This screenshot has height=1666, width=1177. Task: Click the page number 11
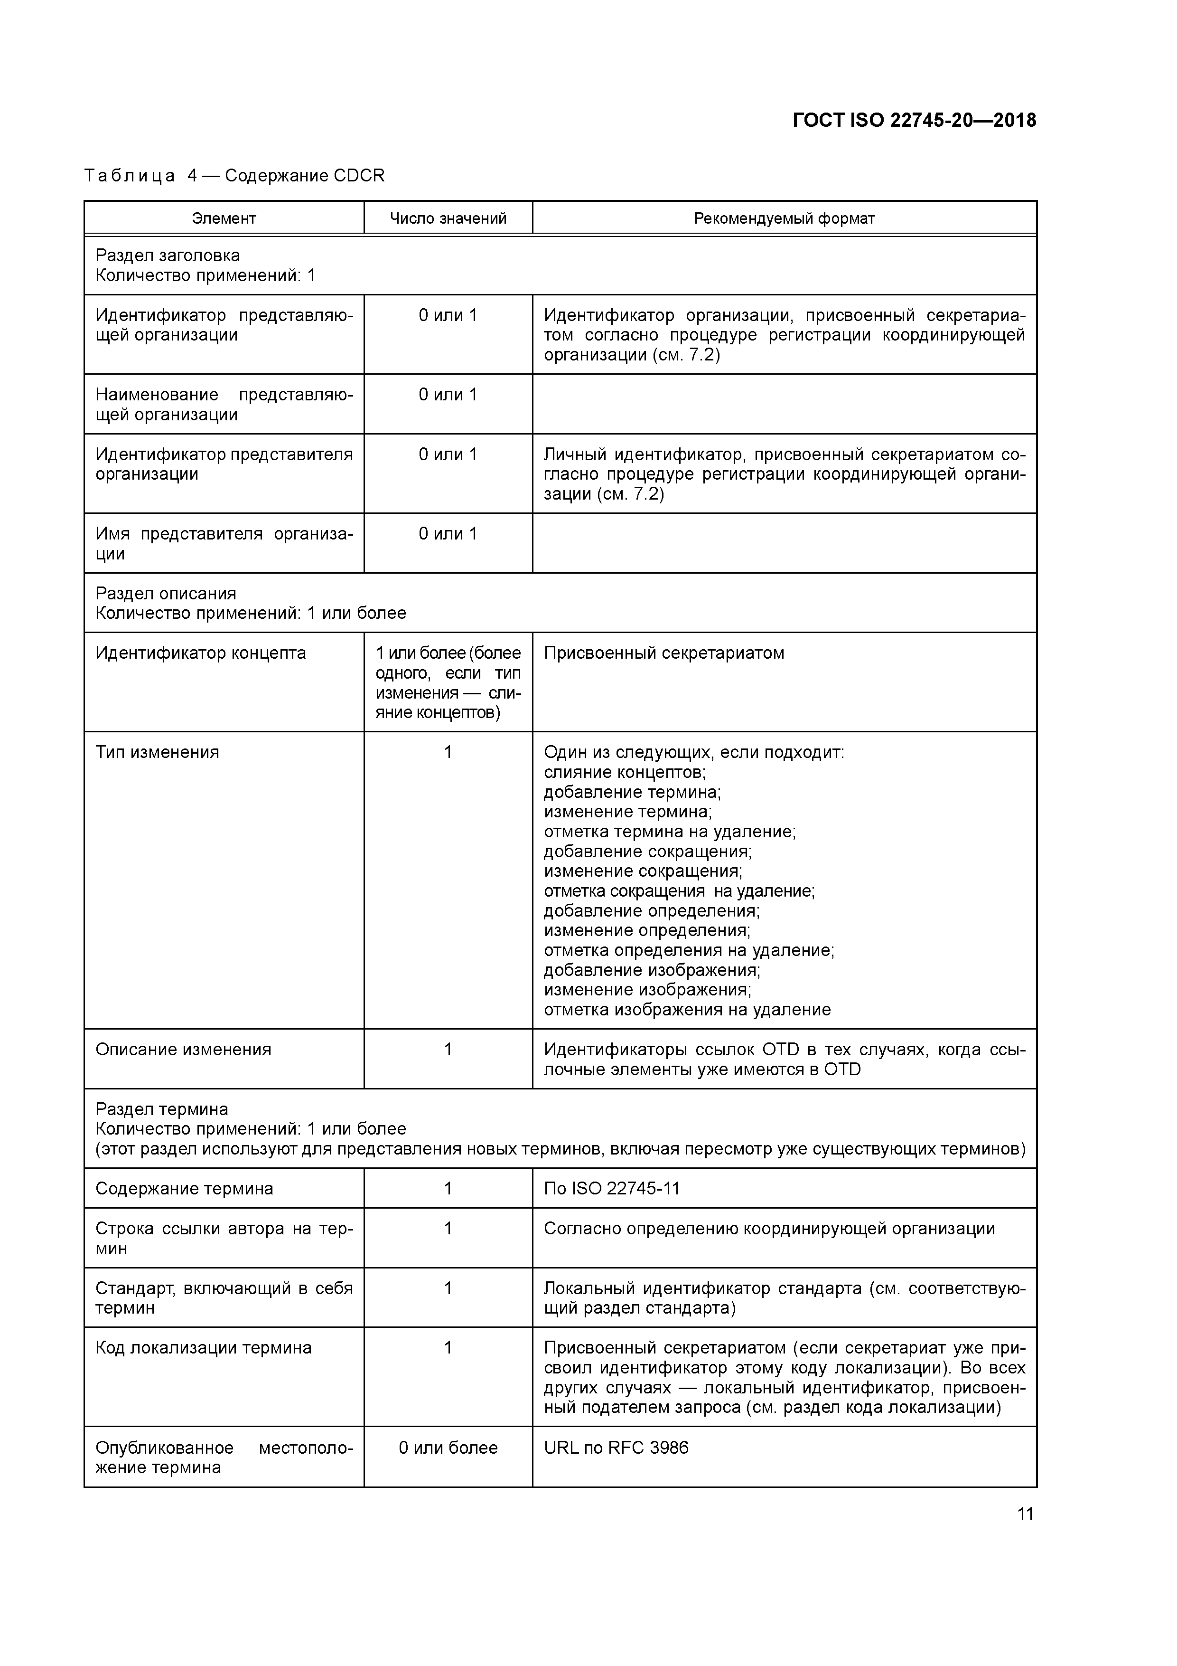tap(1025, 1514)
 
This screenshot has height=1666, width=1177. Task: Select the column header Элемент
tap(224, 218)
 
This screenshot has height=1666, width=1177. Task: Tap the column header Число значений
tap(448, 218)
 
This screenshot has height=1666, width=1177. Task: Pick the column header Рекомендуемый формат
tap(784, 218)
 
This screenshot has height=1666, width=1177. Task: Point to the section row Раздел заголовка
tap(168, 256)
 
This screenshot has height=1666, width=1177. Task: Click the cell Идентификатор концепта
tap(201, 653)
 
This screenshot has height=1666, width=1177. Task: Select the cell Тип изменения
tap(158, 752)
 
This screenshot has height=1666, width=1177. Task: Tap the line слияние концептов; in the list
tap(625, 772)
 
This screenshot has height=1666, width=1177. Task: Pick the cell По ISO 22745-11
tap(611, 1189)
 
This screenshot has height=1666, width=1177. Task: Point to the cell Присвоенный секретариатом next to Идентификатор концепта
tap(663, 653)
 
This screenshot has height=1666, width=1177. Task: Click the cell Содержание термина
tap(184, 1189)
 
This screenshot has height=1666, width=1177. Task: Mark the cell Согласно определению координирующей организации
tap(769, 1229)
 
